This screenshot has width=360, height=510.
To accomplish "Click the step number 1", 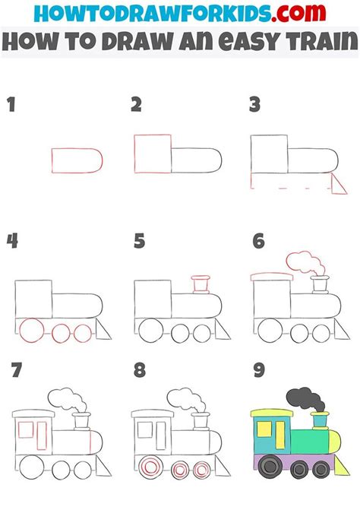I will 11,105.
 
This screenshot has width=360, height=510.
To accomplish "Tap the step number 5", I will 138,242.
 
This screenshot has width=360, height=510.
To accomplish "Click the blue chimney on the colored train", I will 320,420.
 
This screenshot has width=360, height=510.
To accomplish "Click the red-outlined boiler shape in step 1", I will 76,159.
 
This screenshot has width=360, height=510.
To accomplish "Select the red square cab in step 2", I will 151,155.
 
